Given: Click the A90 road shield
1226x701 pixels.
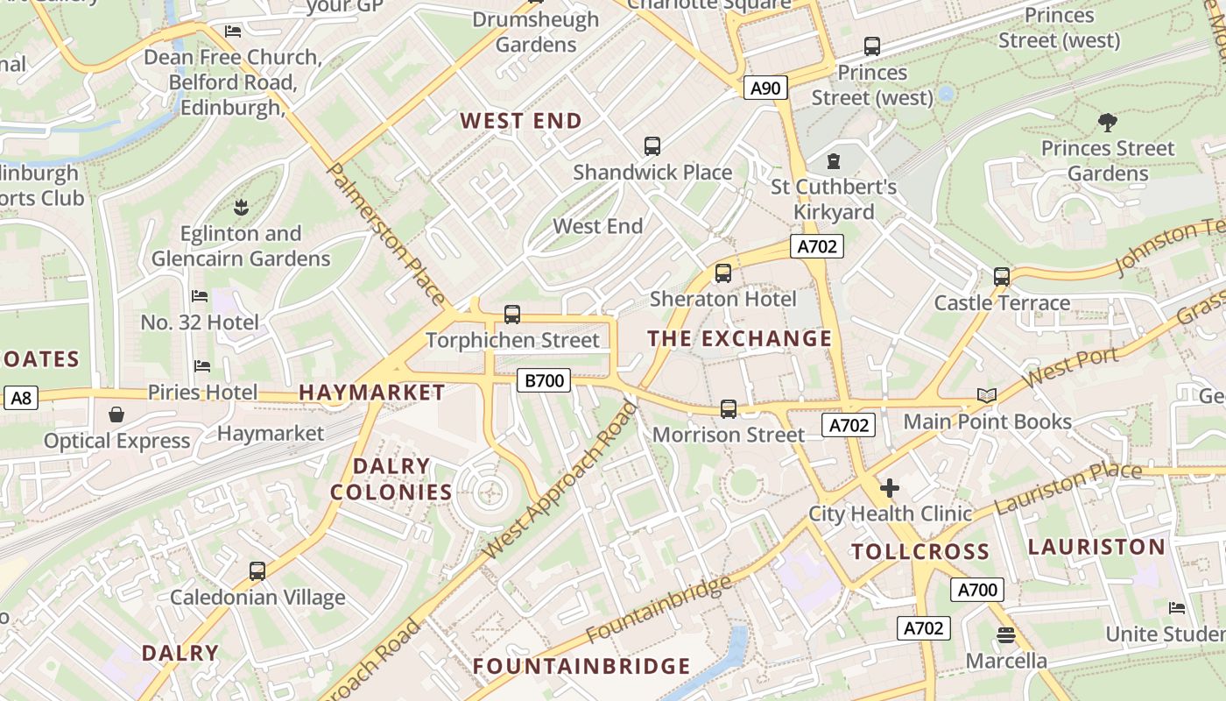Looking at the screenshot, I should (765, 88).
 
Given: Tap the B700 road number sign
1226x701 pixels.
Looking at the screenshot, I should (543, 380).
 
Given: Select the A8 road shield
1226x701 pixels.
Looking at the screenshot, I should (21, 399).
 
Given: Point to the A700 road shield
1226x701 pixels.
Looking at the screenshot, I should (977, 590).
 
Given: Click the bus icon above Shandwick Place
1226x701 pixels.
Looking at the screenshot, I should (652, 146).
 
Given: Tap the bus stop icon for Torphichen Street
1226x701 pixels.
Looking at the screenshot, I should (512, 315).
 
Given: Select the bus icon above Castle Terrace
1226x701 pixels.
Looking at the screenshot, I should (1002, 277).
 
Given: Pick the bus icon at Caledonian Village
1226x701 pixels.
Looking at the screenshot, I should (257, 571).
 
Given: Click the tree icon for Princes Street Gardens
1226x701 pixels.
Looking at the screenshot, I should (1107, 123).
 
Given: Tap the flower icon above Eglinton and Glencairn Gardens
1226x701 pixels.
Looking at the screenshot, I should (241, 208).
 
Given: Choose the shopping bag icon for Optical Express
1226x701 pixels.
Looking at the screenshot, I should (116, 414).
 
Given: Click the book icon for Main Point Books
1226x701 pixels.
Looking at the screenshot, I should (987, 396).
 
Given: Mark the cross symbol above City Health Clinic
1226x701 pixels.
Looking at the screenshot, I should (890, 488).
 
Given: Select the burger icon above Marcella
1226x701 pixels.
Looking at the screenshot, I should (1005, 635).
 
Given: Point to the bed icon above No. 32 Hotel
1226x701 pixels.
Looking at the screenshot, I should (200, 296).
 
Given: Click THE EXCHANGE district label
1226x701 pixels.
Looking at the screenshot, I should (740, 338).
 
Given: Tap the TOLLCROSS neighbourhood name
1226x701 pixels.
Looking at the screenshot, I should (920, 552).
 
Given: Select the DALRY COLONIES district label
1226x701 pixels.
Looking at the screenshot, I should (391, 479).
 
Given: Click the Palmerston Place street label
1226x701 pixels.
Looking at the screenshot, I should (384, 234).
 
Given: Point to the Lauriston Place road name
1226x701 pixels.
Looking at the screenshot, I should (1067, 488).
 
